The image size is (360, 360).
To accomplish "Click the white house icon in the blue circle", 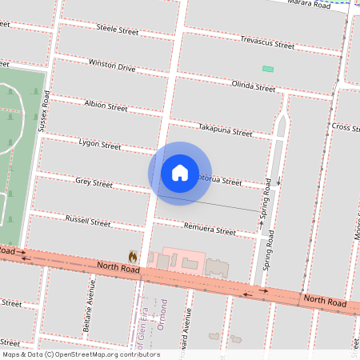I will pyautogui.click(x=180, y=173).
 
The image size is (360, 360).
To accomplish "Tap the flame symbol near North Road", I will pyautogui.click(x=133, y=256).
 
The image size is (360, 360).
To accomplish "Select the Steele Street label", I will pyautogui.click(x=118, y=31).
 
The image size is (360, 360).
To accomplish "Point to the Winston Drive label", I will pyautogui.click(x=112, y=65).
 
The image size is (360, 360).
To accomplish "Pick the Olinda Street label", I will pyautogui.click(x=253, y=86).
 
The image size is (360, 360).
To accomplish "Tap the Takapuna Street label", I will pyautogui.click(x=225, y=130).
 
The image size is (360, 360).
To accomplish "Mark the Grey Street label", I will pyautogui.click(x=94, y=183).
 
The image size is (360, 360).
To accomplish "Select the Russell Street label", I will pyautogui.click(x=87, y=221).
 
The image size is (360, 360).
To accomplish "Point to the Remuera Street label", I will pyautogui.click(x=210, y=230).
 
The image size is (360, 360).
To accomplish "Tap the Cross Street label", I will pyautogui.click(x=346, y=127).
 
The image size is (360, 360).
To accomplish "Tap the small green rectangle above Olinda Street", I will pyautogui.click(x=268, y=69).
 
